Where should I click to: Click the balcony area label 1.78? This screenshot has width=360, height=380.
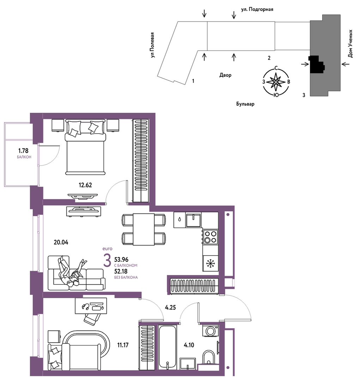click(23, 151)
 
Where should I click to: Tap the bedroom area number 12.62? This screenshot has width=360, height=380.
click(85, 185)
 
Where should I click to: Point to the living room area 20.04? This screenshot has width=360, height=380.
click(61, 242)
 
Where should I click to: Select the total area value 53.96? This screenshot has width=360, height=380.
click(121, 260)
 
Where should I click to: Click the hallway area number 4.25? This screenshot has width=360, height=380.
click(170, 307)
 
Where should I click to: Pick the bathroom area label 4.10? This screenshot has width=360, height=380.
click(189, 345)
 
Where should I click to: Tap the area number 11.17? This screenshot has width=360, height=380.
click(123, 345)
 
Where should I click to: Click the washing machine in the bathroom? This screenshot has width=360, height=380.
click(210, 331)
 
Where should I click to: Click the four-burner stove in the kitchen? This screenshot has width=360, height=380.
click(210, 237)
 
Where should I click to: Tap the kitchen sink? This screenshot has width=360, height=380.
click(193, 220)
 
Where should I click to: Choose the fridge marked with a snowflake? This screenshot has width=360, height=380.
click(210, 263)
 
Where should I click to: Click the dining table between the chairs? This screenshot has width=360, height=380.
click(144, 229)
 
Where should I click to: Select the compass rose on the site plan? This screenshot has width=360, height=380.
click(276, 82)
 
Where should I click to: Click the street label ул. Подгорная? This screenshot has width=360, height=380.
click(257, 10)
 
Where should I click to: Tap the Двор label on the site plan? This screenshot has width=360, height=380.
click(225, 75)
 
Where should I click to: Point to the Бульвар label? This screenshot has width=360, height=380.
click(245, 104)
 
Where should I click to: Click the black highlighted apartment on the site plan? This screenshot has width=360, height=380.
click(317, 64)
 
